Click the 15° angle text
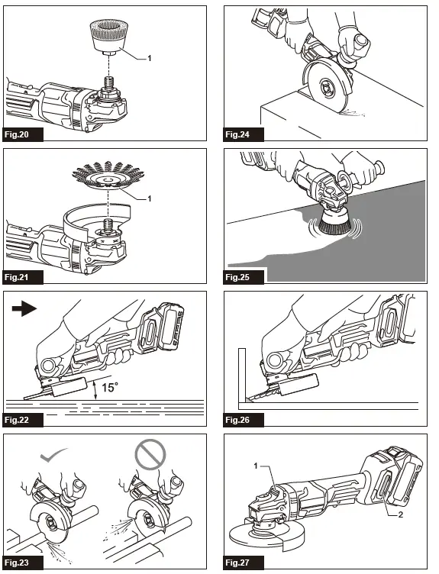111,388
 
